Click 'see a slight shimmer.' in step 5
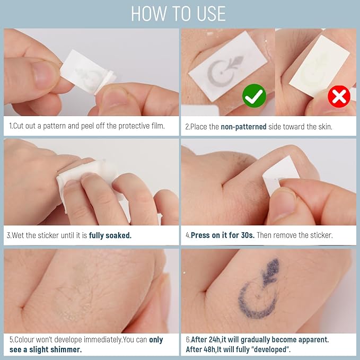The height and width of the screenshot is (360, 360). coord(46,349)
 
